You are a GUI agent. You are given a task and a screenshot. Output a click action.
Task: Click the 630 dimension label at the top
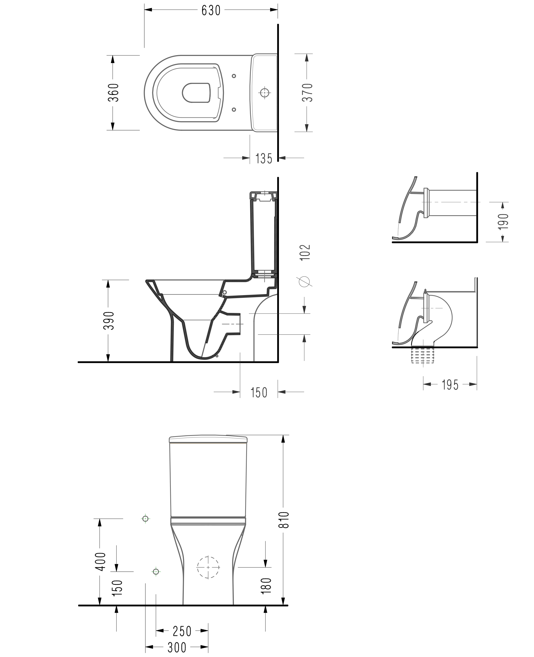[x=211, y=10]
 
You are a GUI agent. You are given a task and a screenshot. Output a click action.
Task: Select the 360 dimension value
[x=113, y=93]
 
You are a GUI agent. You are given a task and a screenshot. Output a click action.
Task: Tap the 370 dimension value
[x=307, y=93]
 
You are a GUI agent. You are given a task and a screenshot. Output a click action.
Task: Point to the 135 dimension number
[x=264, y=159]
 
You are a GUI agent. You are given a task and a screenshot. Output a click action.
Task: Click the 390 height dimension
[x=109, y=321]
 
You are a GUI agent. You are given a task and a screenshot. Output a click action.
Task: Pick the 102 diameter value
[x=305, y=253]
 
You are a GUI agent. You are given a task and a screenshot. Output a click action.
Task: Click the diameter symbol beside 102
[x=305, y=282]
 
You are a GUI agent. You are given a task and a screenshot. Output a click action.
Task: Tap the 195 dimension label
[x=450, y=385]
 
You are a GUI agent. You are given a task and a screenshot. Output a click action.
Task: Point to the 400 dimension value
[x=101, y=561]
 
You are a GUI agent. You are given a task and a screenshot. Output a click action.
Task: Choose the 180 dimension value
[x=266, y=586]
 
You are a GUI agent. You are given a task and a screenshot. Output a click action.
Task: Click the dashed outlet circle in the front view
[x=208, y=567]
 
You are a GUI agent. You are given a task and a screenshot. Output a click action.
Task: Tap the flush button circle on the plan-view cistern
[x=264, y=93]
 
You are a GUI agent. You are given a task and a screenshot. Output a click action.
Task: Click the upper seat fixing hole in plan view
[x=234, y=76]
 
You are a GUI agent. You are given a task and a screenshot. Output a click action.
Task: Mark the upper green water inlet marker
[x=145, y=519]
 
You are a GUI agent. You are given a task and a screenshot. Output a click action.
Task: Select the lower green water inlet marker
[x=156, y=572]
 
